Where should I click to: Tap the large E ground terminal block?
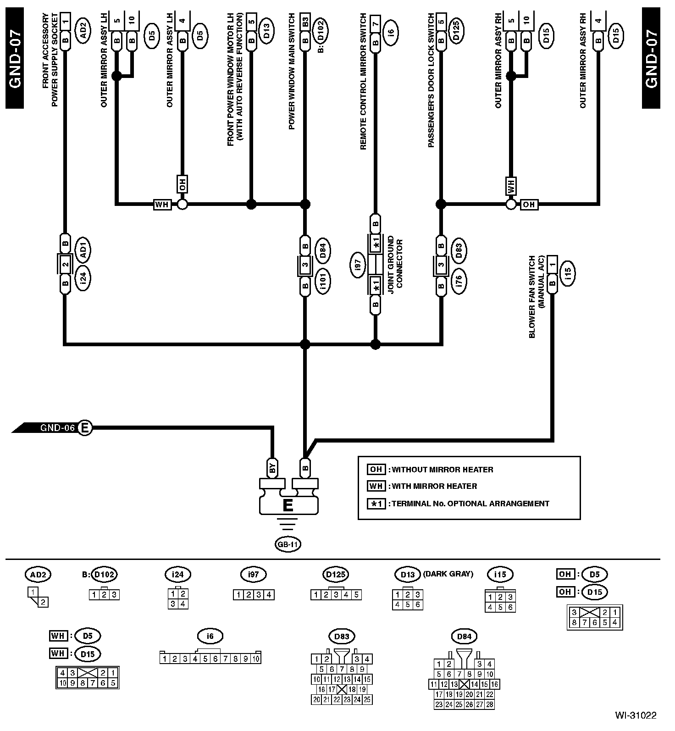[288, 505]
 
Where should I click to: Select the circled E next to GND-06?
[85, 428]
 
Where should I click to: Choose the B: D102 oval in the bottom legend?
[104, 574]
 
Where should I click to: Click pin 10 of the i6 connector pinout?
[256, 659]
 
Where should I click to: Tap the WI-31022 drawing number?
[636, 715]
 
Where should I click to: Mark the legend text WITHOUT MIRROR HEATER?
[443, 470]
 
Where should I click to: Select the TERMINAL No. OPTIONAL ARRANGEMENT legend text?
[470, 504]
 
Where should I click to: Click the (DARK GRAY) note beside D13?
[448, 574]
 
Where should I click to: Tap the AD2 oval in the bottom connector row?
[38, 574]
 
